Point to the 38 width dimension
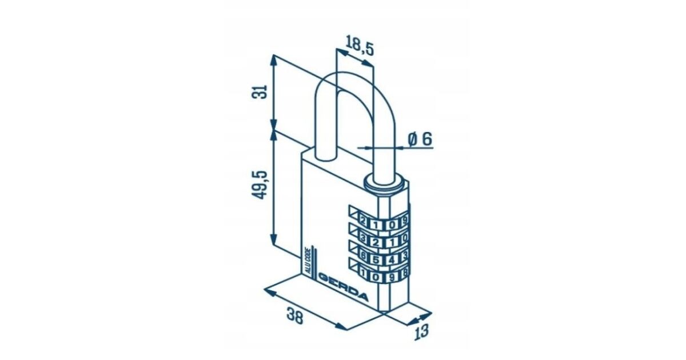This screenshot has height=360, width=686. coord(294,315)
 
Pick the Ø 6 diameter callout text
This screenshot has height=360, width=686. coord(420,139)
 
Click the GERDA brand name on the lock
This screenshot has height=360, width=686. coord(344,287)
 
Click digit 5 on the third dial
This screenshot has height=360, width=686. coord(376,259)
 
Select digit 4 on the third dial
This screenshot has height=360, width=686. coord(391,260)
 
